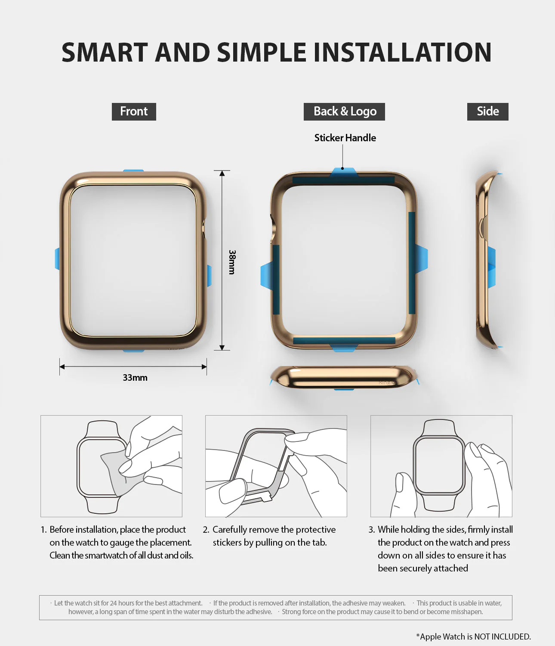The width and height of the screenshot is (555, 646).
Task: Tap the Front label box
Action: (x=134, y=112)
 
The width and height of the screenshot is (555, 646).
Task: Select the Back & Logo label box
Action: (x=345, y=112)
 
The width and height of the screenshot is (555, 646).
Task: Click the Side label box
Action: (x=487, y=112)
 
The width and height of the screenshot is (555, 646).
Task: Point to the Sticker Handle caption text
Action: (x=345, y=138)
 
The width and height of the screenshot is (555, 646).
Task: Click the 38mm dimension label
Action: (x=232, y=262)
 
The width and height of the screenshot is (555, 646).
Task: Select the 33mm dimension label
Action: (x=135, y=378)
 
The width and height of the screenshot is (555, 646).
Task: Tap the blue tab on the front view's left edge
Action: (x=57, y=258)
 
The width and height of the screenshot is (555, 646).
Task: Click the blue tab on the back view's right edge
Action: (x=421, y=258)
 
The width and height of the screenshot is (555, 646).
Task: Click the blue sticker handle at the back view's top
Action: (x=343, y=172)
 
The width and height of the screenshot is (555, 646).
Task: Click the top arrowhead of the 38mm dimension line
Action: (x=222, y=174)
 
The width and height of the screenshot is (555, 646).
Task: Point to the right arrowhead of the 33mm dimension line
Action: (x=204, y=367)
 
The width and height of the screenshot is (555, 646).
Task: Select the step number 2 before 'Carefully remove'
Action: (x=206, y=530)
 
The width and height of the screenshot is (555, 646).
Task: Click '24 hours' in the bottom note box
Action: (x=119, y=603)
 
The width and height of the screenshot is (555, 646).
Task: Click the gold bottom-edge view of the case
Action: (x=344, y=377)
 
